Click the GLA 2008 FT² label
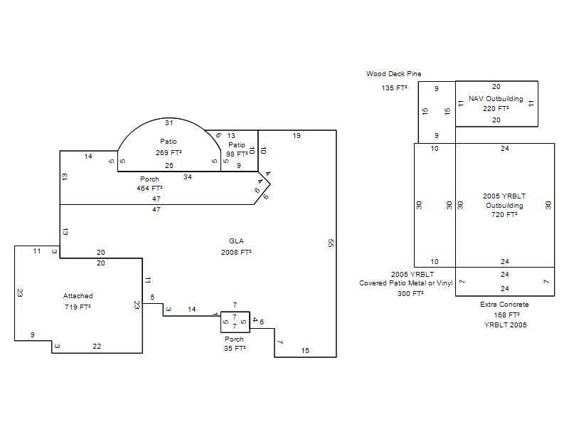coord(236,246)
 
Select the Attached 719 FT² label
coord(78,301)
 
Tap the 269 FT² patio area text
coord(169,153)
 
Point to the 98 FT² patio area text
coord(237,154)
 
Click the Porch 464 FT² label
coord(149,184)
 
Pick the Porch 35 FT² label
coord(235,344)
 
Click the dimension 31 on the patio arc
coord(169,123)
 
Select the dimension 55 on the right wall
coord(330,243)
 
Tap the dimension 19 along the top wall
coord(297,136)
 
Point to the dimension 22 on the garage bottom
coord(97,347)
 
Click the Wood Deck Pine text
coord(394,74)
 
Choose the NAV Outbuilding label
coord(496,99)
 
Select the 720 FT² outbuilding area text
coord(504,215)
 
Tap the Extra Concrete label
coord(504,305)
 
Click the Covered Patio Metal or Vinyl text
coord(405,283)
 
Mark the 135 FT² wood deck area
coord(394,88)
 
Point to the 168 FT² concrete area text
coord(506,315)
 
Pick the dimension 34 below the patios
coord(187,177)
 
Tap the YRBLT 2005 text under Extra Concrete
coord(505,325)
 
